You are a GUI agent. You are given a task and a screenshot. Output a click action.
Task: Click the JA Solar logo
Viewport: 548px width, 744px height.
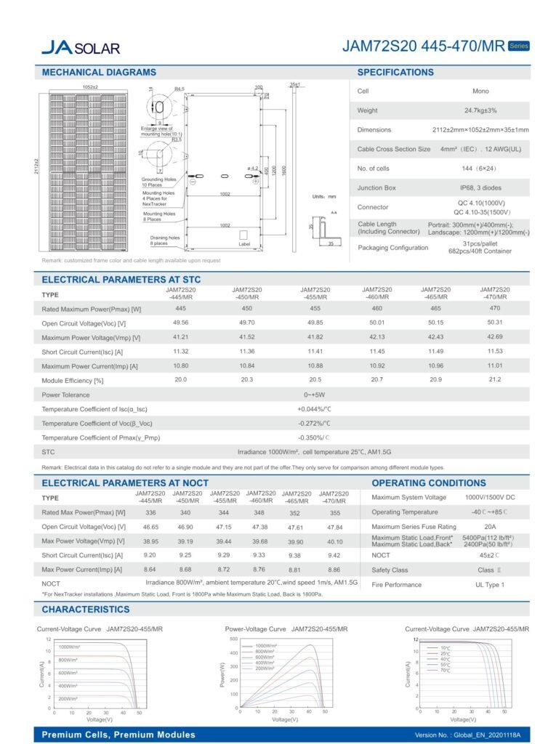[x=79, y=47]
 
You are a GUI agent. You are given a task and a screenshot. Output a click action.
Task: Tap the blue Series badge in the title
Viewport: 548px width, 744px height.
[x=518, y=45]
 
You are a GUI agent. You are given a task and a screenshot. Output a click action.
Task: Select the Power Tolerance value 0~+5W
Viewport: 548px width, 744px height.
[x=314, y=395]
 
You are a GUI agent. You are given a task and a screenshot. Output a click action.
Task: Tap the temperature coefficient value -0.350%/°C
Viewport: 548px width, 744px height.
[x=314, y=438]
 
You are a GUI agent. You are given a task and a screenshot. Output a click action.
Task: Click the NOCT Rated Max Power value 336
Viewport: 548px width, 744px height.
[x=151, y=512]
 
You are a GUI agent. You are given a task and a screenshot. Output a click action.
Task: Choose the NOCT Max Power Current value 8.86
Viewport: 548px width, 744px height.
[x=334, y=570]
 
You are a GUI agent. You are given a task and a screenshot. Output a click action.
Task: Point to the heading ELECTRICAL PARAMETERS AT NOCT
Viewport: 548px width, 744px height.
[x=125, y=482]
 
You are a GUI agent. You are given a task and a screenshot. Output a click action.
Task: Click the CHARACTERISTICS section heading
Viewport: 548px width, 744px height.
[x=86, y=609]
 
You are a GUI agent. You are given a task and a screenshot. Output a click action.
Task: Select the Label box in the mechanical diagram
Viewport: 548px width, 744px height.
[x=243, y=244]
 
